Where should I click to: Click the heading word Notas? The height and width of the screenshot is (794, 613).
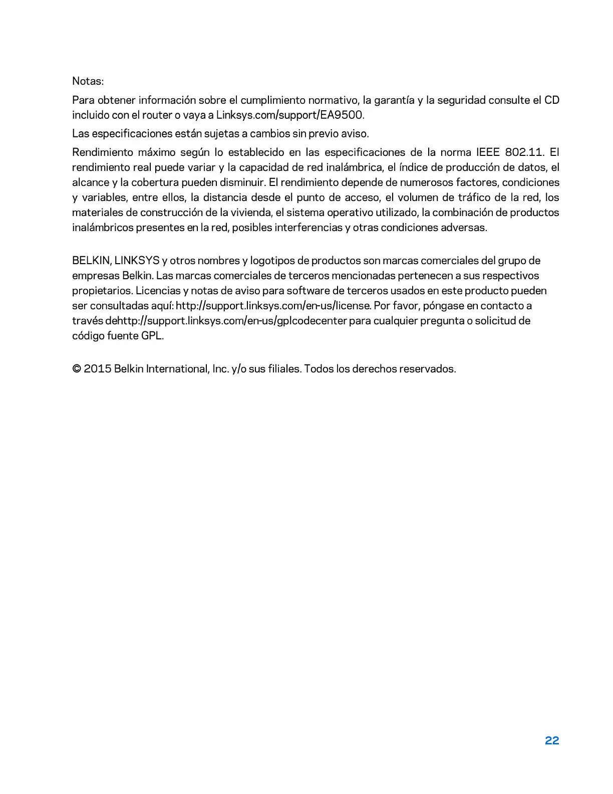coord(88,81)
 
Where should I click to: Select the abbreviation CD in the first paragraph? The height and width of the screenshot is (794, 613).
coord(551,100)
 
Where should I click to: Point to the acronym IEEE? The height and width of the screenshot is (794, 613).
coord(487,152)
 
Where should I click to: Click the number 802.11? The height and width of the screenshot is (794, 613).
coord(524,152)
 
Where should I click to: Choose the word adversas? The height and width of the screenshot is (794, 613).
coord(464,227)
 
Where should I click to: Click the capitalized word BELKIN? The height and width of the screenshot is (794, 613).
coord(91,260)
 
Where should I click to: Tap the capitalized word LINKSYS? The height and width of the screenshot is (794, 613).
coord(137,260)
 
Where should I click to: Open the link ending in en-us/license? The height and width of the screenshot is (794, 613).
coord(273,305)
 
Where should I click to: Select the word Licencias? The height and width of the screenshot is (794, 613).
coord(158,290)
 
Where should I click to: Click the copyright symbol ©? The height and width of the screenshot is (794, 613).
coord(77,369)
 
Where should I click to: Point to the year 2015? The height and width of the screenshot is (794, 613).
coord(97,369)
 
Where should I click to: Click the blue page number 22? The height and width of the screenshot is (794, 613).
coord(552,740)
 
